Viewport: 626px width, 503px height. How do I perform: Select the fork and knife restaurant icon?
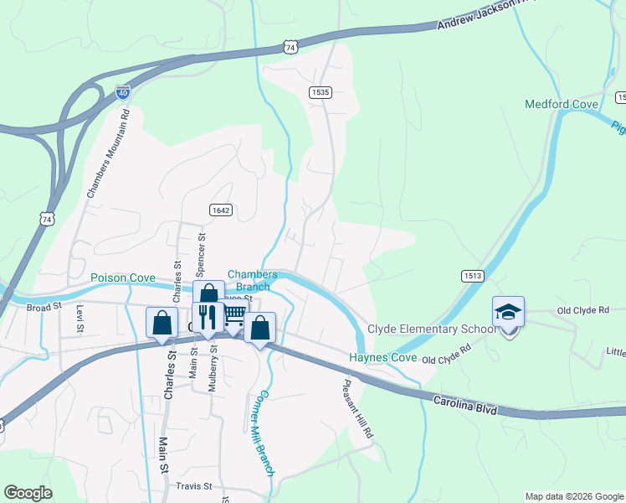click(208, 316)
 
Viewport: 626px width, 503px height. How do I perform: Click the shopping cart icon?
click(233, 316)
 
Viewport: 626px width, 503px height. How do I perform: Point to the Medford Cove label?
click(561, 105)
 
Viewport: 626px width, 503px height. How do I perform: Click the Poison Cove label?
click(123, 277)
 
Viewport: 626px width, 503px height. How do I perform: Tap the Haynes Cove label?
click(383, 358)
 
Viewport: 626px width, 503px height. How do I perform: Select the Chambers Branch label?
click(252, 280)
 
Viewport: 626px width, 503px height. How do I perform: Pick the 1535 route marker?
click(320, 92)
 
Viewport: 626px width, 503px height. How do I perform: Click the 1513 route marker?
click(471, 275)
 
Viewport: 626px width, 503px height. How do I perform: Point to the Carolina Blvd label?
click(465, 407)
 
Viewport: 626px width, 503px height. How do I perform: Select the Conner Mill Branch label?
click(263, 433)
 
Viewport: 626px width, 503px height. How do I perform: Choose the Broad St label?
click(44, 307)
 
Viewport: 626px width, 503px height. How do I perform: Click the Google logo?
click(28, 493)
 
